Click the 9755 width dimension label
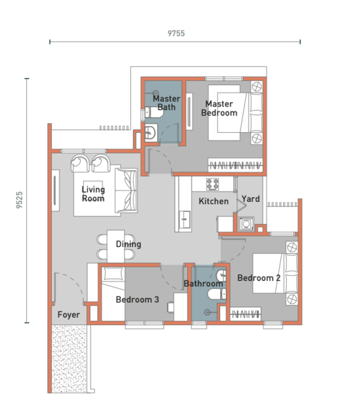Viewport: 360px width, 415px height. (x=175, y=33)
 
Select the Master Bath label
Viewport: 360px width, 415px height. (x=166, y=103)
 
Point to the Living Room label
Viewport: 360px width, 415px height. (x=93, y=194)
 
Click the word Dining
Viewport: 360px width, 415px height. (x=128, y=244)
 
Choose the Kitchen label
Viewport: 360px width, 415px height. (x=213, y=201)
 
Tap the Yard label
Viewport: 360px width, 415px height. (x=251, y=199)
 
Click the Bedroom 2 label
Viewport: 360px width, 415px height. (x=258, y=278)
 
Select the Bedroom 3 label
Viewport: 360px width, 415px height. (x=137, y=299)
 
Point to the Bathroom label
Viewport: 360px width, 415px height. (x=204, y=284)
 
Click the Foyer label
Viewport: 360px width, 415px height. (x=69, y=315)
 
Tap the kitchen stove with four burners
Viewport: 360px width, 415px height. (x=212, y=185)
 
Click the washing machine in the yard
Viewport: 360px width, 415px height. (x=246, y=223)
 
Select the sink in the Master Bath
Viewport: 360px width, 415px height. (x=150, y=134)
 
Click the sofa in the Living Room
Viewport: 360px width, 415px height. (x=127, y=190)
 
